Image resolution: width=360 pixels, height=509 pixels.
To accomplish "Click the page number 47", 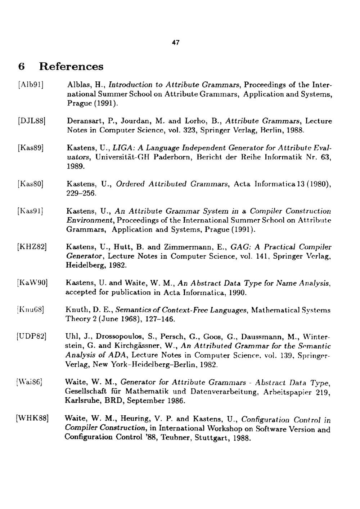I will pos(175,43).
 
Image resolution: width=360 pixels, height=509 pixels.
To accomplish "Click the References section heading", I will pos(71,67).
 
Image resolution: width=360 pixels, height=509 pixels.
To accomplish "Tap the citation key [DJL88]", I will pos(31,121).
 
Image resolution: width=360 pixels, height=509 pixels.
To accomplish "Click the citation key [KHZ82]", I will pos(31,247).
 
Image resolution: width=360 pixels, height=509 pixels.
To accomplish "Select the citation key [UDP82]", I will pos(31,337).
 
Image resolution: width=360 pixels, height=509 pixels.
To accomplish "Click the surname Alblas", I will pos(79,85).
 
